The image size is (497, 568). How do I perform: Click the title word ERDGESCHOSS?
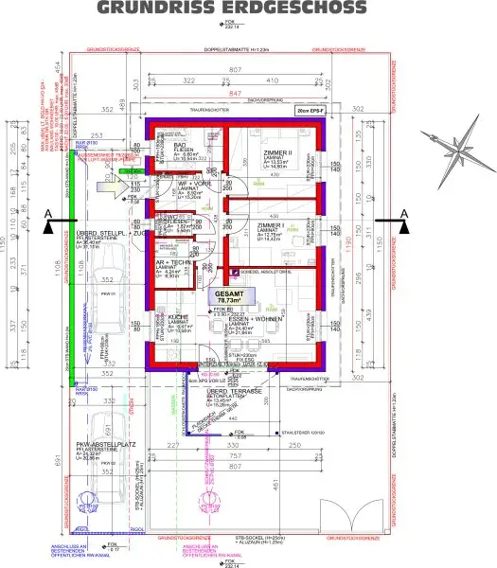pyautogui.click(x=302, y=9)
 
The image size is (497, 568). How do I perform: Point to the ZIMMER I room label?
pyautogui.click(x=272, y=226)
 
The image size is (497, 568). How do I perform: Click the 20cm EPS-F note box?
pyautogui.click(x=309, y=112)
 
